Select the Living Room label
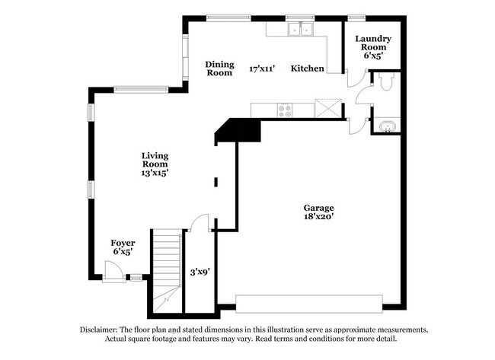pos(155,160)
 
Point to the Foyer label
pos(123,243)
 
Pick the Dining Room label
pos(219,68)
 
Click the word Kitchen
pos(308,68)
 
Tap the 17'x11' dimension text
pos(262,68)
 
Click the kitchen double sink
pos(301,30)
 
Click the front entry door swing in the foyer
pos(110,271)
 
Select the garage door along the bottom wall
pos(311,303)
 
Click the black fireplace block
pos(238,129)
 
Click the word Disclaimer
pos(103,330)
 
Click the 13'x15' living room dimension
pos(155,173)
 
